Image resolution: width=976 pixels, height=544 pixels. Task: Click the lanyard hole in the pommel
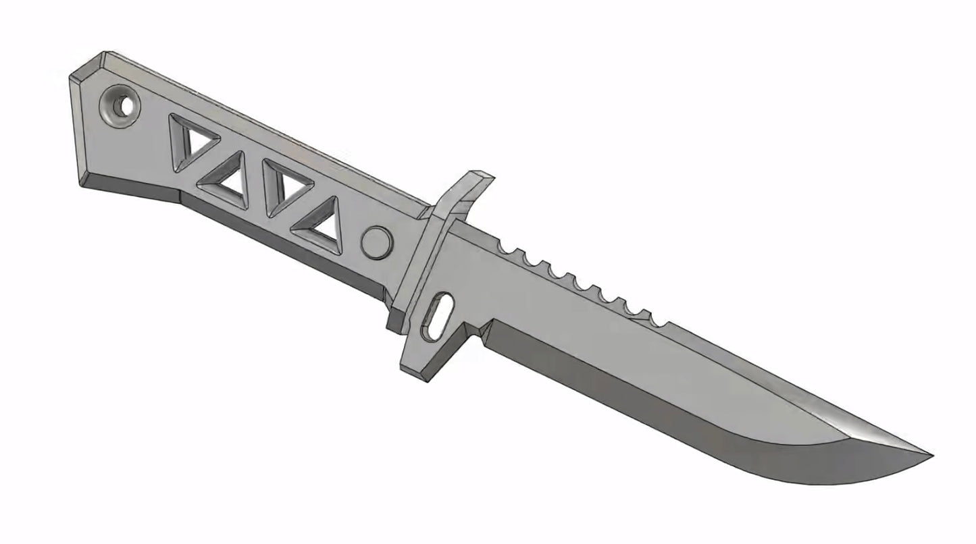click(x=122, y=107)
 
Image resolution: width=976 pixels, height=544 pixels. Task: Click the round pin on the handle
click(x=376, y=242)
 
